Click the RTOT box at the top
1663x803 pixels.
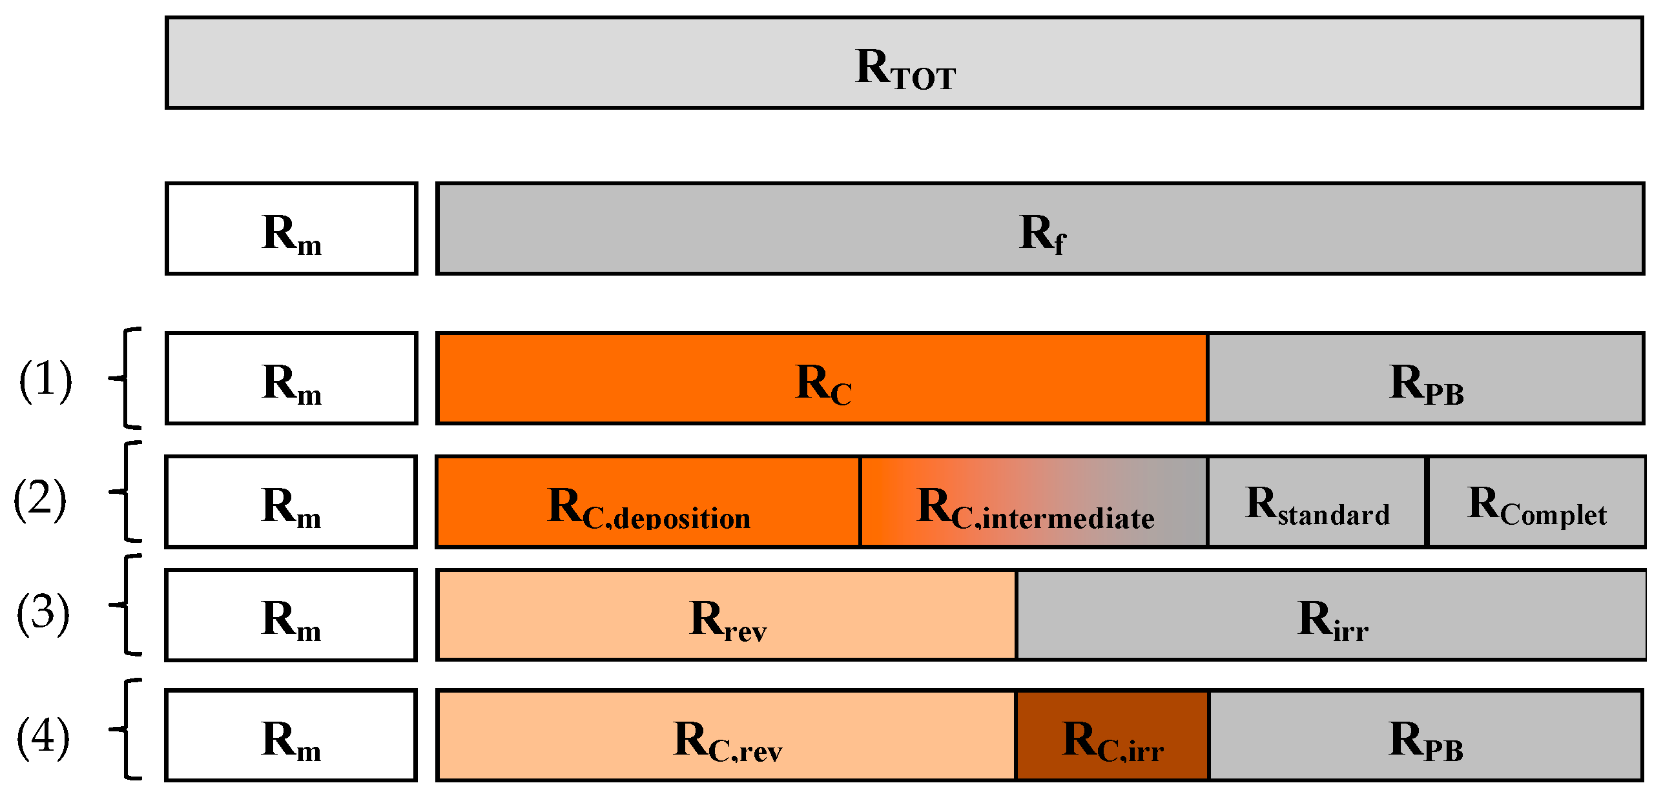click(904, 63)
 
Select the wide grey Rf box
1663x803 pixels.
click(1040, 229)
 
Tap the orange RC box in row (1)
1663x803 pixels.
click(821, 379)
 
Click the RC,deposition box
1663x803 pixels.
click(648, 502)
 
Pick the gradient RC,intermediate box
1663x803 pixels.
click(1033, 502)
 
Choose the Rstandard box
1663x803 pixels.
click(1316, 502)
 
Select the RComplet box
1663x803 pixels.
click(1536, 502)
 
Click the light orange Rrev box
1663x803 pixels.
click(727, 615)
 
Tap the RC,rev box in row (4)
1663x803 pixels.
click(727, 736)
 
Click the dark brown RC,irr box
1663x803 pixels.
click(1112, 736)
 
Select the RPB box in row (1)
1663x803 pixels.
click(1425, 379)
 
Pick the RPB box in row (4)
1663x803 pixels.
click(1425, 736)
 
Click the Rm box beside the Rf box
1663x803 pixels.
click(291, 229)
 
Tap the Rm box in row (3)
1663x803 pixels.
click(291, 615)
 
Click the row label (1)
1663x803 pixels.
click(45, 380)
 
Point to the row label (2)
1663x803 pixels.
click(40, 499)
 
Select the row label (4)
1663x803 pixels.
click(43, 737)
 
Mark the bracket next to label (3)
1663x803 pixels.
click(127, 605)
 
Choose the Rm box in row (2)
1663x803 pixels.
click(291, 502)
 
